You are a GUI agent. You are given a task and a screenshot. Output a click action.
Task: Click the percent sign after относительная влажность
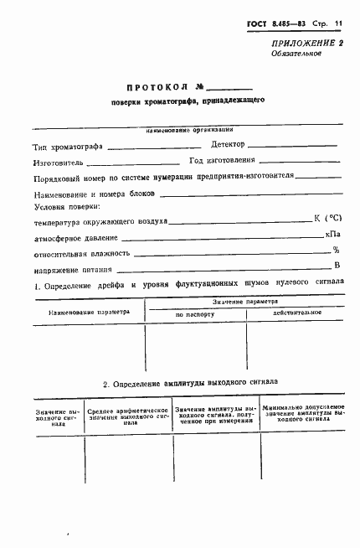(336, 250)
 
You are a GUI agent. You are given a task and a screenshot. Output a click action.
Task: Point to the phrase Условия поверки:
(67, 206)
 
